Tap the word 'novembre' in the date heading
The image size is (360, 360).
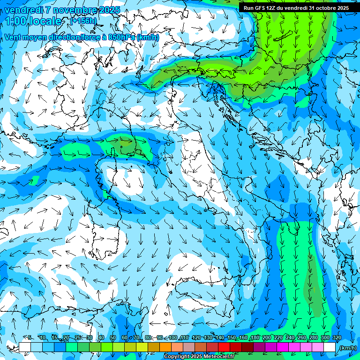(70, 10)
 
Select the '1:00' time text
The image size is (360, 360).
(16, 21)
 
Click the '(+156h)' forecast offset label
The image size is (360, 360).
(83, 21)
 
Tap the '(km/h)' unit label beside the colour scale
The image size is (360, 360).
(347, 348)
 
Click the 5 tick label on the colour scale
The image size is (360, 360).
(30, 338)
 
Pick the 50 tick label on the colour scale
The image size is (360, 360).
(113, 338)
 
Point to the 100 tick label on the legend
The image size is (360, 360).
(173, 338)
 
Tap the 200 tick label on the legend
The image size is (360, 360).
(267, 338)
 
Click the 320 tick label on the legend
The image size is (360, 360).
(337, 338)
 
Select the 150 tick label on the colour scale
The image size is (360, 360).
(232, 338)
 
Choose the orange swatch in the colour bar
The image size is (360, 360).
(165, 347)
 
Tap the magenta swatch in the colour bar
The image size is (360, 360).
(283, 347)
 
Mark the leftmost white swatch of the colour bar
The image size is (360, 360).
(25, 347)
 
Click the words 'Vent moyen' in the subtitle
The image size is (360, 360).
(25, 37)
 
